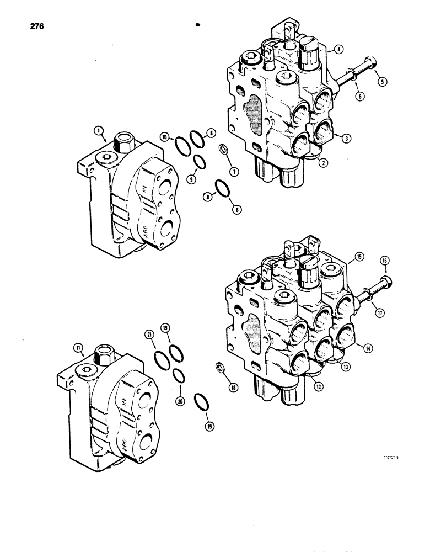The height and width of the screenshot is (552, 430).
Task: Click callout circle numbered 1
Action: click(99, 130)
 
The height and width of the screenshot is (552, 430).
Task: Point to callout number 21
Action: click(149, 335)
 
